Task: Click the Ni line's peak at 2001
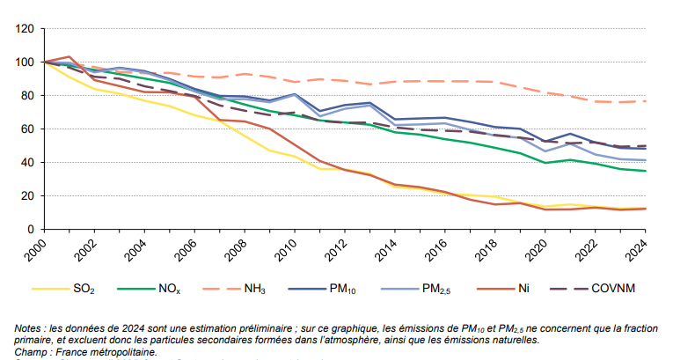[69, 56]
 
